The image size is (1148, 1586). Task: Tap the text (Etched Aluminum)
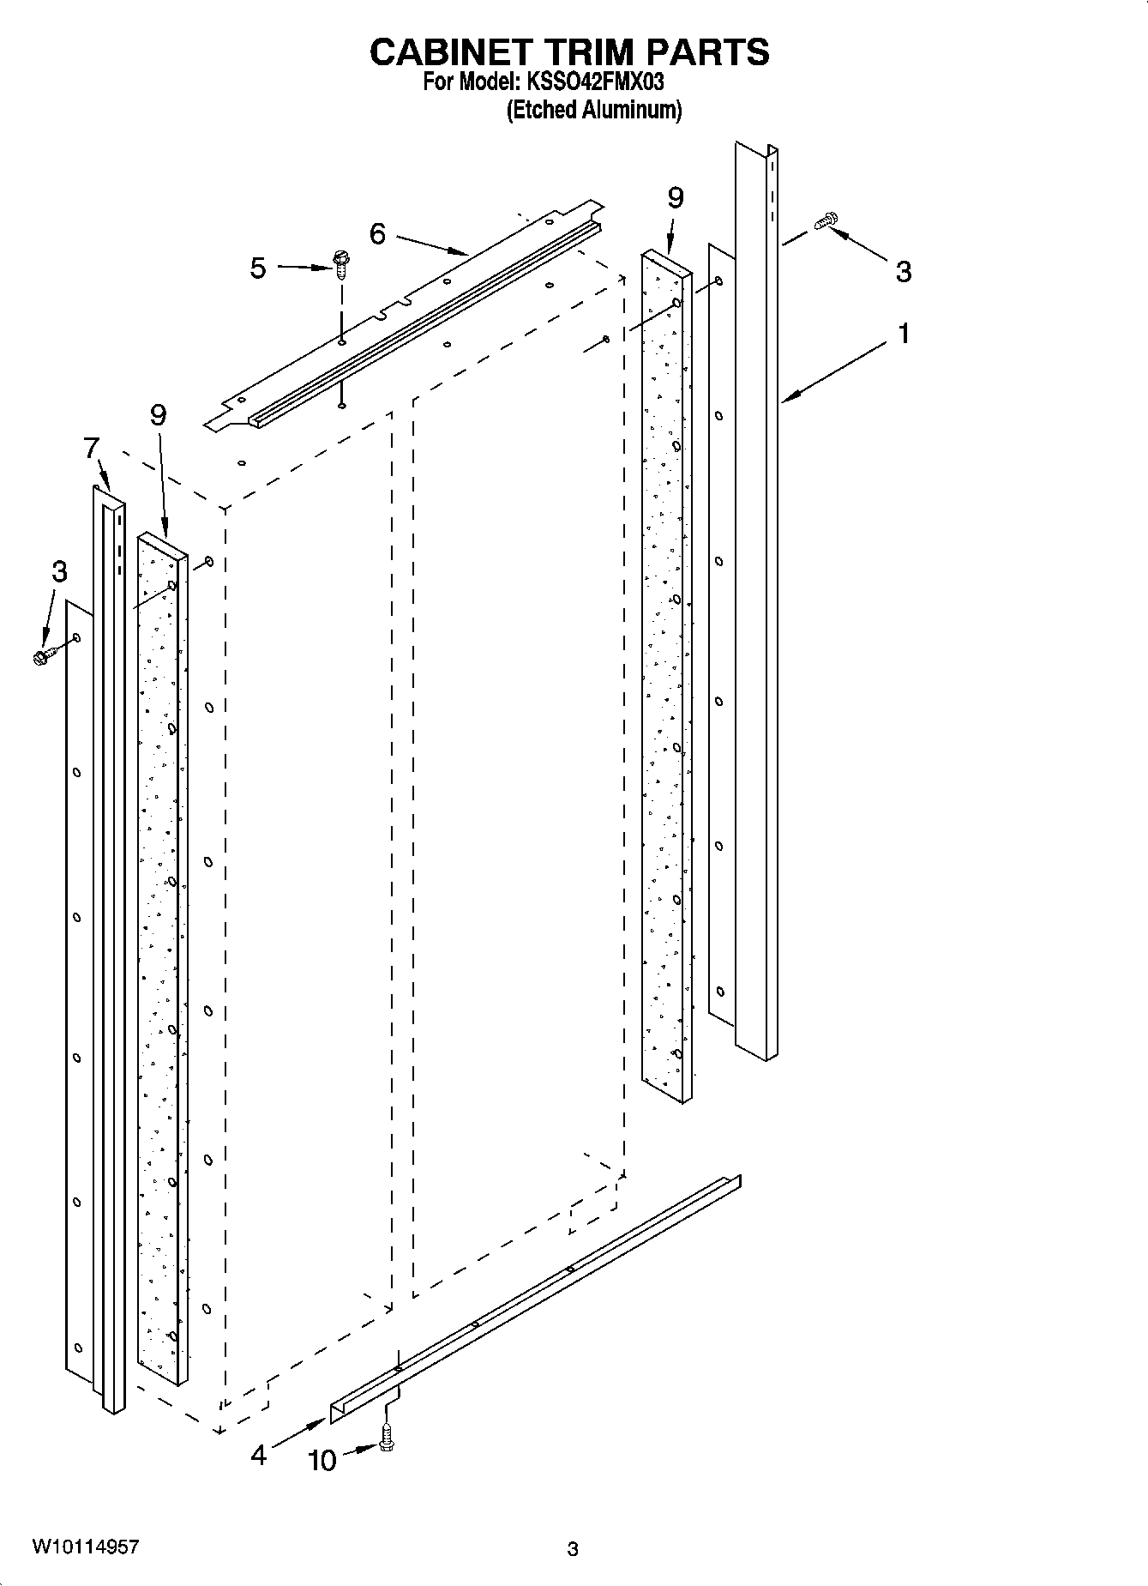pyautogui.click(x=594, y=111)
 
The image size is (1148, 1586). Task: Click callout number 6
pyautogui.click(x=378, y=233)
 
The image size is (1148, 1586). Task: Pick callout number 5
pyautogui.click(x=258, y=268)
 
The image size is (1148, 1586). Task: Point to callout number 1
pyautogui.click(x=903, y=334)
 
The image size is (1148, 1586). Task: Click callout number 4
pyautogui.click(x=259, y=1454)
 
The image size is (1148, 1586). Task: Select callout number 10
pyautogui.click(x=322, y=1461)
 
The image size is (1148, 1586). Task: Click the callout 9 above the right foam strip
pyautogui.click(x=676, y=198)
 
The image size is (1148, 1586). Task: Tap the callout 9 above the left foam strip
pyautogui.click(x=158, y=415)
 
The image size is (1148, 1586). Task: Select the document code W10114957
pyautogui.click(x=85, y=1547)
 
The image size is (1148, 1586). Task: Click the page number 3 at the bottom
pyautogui.click(x=573, y=1548)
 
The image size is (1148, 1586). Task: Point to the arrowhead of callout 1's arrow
pyautogui.click(x=787, y=398)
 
